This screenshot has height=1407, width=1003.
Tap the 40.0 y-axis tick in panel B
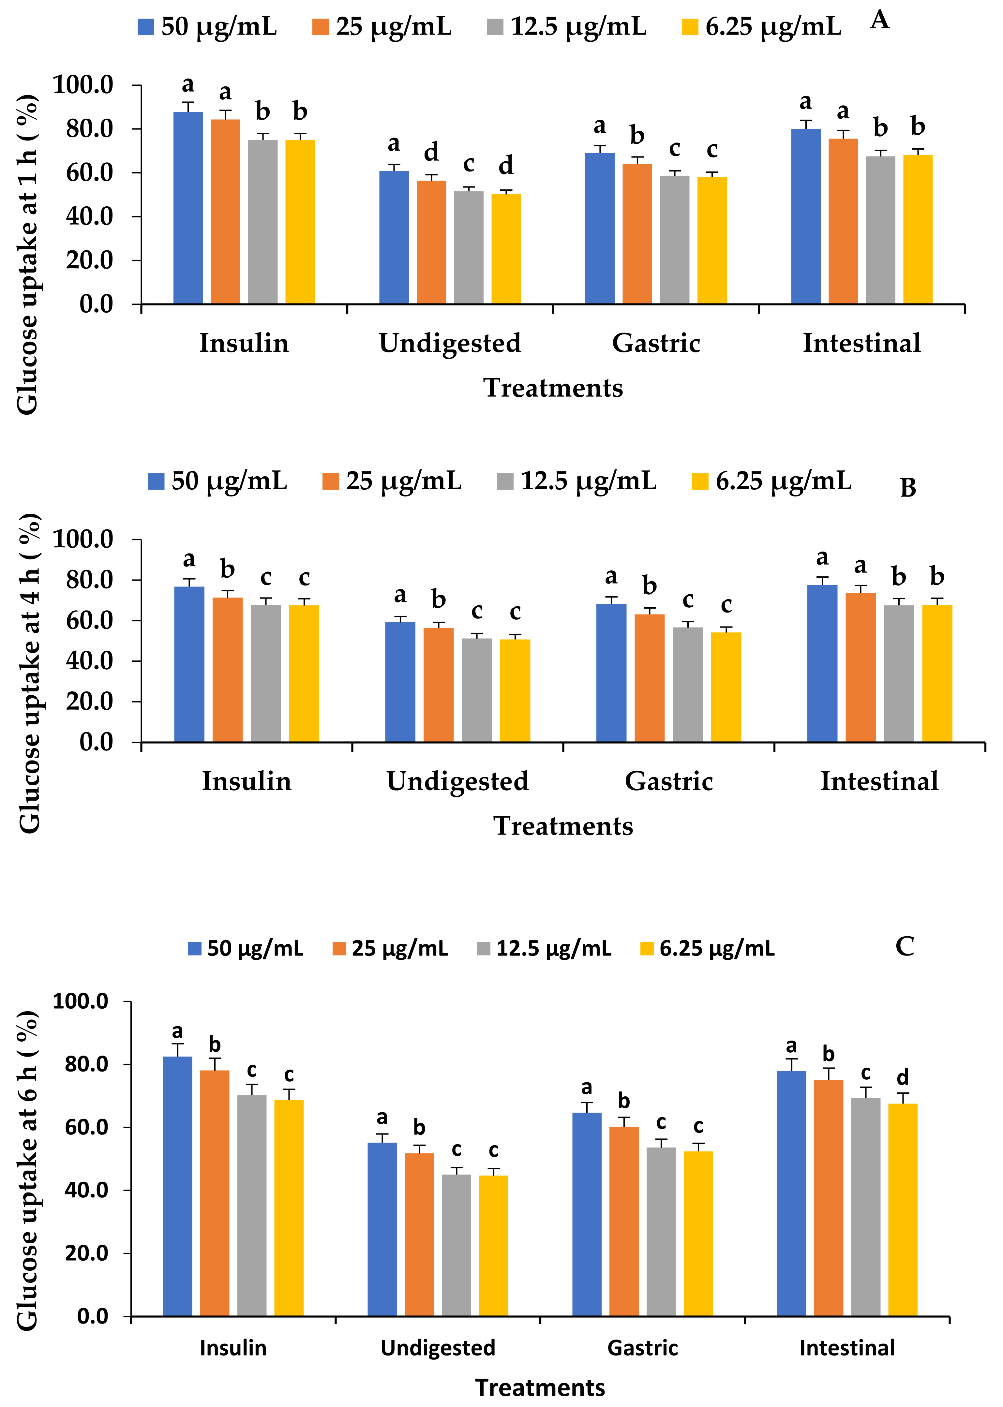click(90, 660)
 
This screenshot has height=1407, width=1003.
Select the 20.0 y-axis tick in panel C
click(86, 1253)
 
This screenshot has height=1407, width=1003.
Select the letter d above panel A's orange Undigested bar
click(431, 152)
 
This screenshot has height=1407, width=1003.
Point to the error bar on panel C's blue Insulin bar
click(177, 1049)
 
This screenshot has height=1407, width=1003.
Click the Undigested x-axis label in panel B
click(458, 781)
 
